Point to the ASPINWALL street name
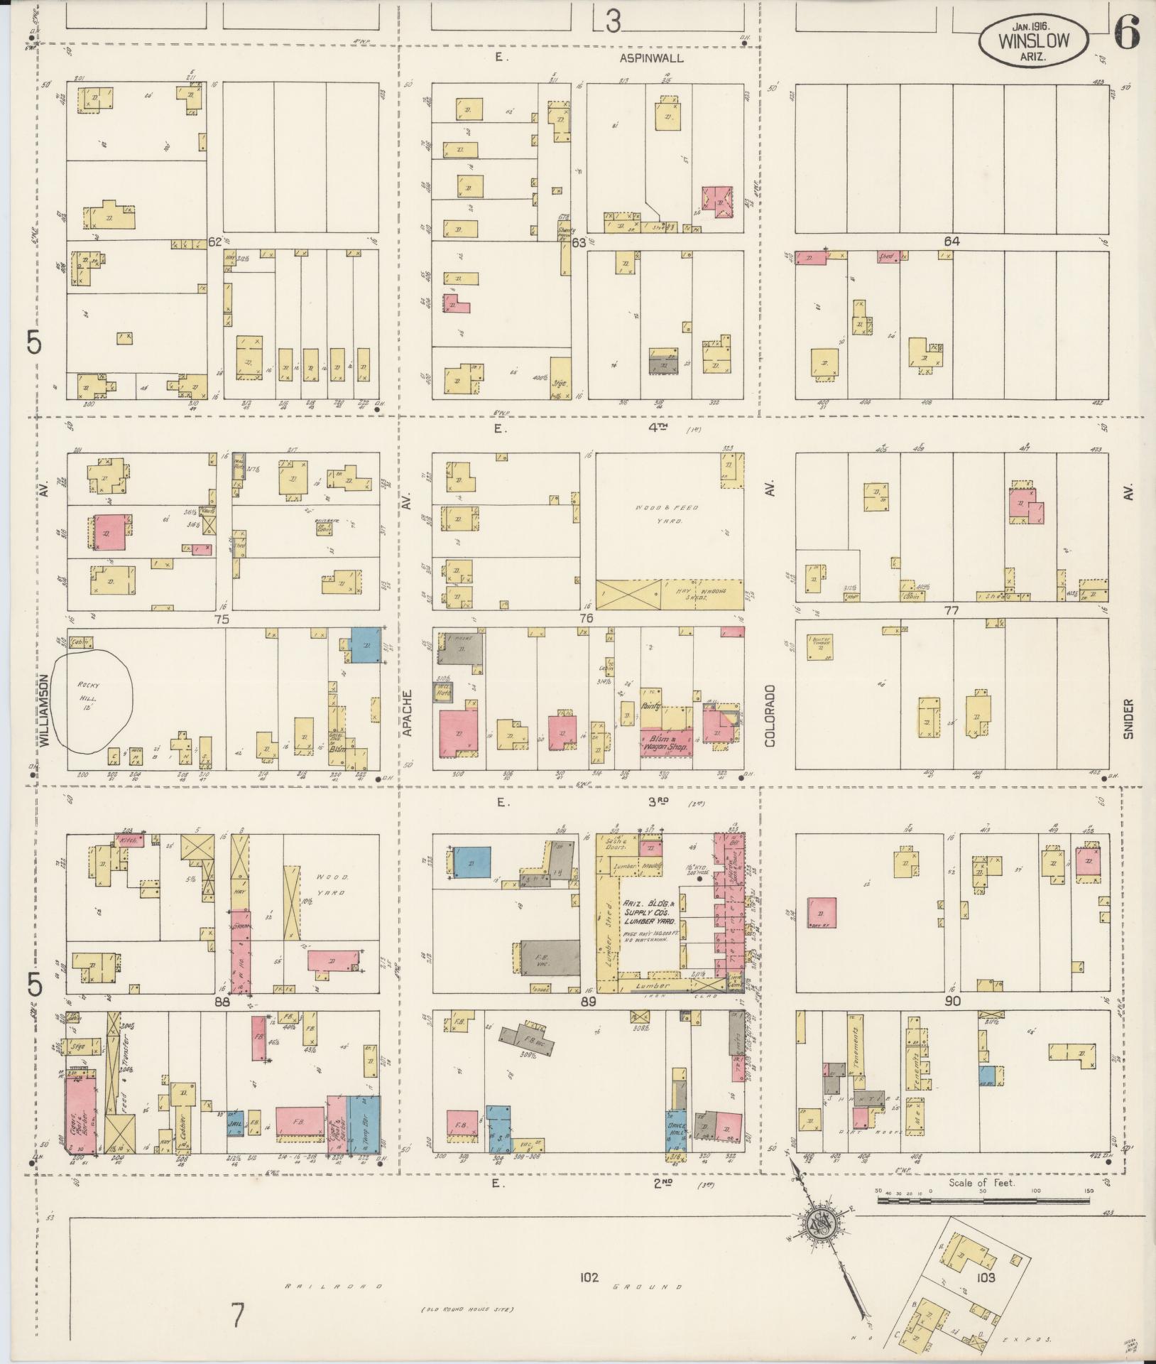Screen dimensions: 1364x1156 click(650, 58)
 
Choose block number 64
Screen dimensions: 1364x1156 click(951, 242)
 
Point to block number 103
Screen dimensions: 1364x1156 click(986, 1277)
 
